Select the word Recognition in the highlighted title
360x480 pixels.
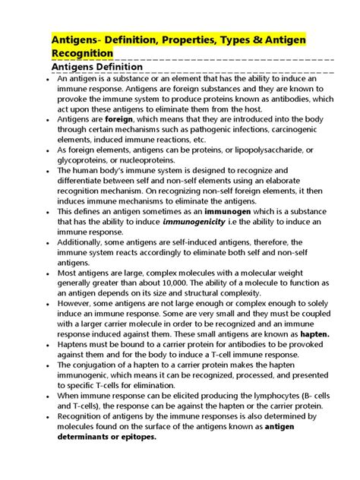pos(82,52)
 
